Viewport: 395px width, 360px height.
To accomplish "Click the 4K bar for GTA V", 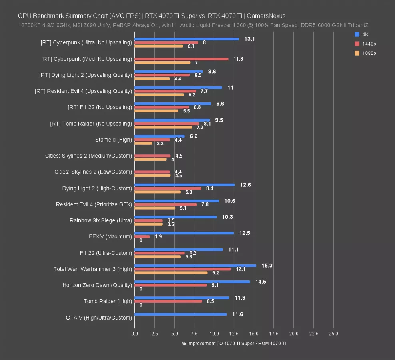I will (x=181, y=314).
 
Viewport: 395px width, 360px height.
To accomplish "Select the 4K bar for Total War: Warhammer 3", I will (x=195, y=266).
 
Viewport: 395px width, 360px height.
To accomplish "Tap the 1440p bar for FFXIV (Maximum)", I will (x=142, y=237).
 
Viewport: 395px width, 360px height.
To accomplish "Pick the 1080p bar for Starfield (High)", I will (x=144, y=143).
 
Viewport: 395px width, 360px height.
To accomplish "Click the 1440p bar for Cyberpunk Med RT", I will (x=182, y=59).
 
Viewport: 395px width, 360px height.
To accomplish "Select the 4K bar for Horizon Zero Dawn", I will (x=192, y=282).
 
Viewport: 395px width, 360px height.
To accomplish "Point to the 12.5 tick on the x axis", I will (x=234, y=334).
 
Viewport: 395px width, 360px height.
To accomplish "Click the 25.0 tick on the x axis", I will (x=333, y=334).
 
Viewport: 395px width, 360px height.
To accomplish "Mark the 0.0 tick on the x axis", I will (x=135, y=334).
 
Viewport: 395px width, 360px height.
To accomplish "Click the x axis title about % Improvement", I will (x=234, y=343).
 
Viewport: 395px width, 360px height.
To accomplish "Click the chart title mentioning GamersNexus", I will (x=152, y=16).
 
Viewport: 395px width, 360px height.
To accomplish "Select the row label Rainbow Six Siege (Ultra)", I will (x=101, y=220).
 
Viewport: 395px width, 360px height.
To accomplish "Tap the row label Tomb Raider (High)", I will (x=108, y=301).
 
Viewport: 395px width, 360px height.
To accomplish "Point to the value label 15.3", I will (x=267, y=266).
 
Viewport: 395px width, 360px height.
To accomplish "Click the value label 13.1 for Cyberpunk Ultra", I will (x=249, y=39).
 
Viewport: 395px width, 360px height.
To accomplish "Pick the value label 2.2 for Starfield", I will (x=160, y=143).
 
